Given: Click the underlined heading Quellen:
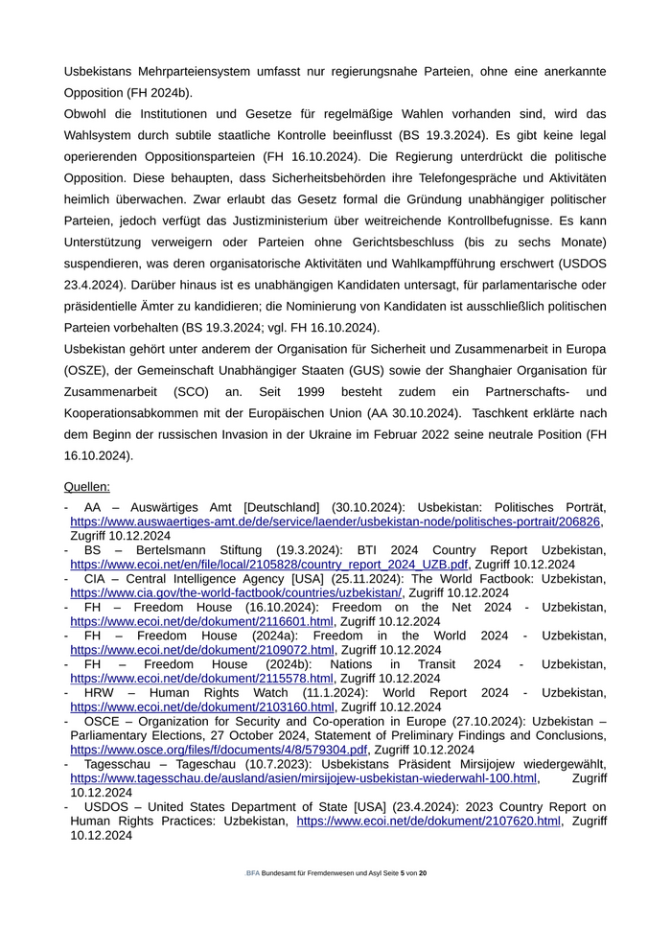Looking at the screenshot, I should pyautogui.click(x=86, y=486).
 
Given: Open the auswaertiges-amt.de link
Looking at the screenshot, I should pyautogui.click(x=335, y=522).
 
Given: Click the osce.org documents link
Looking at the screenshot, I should pyautogui.click(x=219, y=750).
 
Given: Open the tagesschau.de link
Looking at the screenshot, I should pyautogui.click(x=303, y=778).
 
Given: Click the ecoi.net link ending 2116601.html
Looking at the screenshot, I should pyautogui.click(x=201, y=621).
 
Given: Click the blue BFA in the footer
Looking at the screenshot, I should pyautogui.click(x=252, y=874).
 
